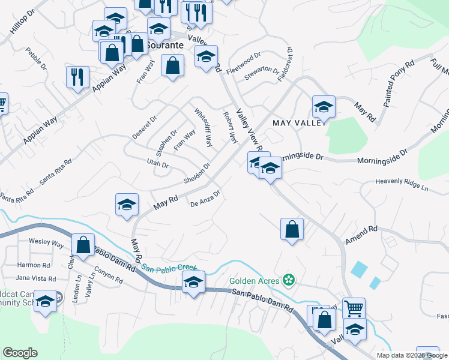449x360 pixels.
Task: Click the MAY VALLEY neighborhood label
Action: pos(298,122)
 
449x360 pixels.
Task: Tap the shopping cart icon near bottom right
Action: pos(354,309)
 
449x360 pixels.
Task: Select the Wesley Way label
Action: pos(46,244)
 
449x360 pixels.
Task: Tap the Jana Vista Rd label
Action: pos(35,278)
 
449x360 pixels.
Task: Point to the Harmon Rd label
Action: pos(33,265)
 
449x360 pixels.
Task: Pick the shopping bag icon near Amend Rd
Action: pos(292,229)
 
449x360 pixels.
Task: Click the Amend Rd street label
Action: pos(361,235)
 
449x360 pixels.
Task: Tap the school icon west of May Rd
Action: pos(127,205)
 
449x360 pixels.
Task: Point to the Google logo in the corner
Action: pos(20,353)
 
